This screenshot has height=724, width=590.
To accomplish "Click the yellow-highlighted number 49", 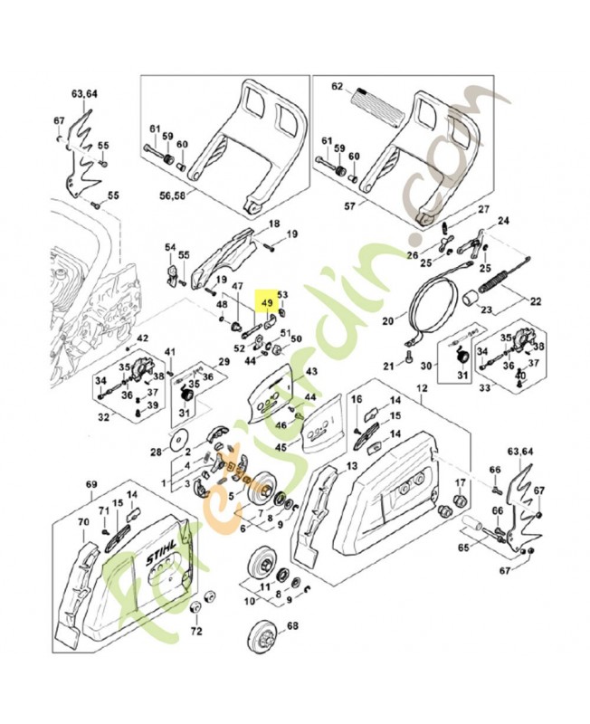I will click(267, 304).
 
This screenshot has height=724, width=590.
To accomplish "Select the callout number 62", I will click(338, 87).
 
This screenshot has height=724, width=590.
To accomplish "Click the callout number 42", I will click(143, 339).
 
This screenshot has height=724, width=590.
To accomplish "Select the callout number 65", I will click(463, 548).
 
